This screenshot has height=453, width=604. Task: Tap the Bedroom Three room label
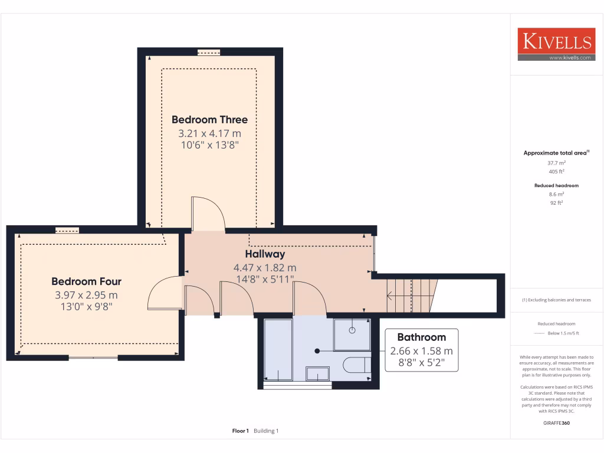(209, 120)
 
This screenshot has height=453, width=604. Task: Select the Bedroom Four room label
(86, 281)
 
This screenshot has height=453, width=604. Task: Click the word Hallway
(265, 254)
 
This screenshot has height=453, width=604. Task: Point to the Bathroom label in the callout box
(421, 337)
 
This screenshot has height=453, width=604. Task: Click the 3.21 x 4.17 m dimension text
(209, 134)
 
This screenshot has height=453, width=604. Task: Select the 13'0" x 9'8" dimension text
(86, 307)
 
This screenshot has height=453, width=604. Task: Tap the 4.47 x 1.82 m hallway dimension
(265, 267)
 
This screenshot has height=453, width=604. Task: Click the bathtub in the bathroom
(278, 349)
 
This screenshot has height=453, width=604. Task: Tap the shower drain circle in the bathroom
(352, 330)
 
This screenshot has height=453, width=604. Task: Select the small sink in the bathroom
(317, 373)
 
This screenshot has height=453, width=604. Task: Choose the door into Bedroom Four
(163, 293)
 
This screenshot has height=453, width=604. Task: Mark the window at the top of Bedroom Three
(208, 52)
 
